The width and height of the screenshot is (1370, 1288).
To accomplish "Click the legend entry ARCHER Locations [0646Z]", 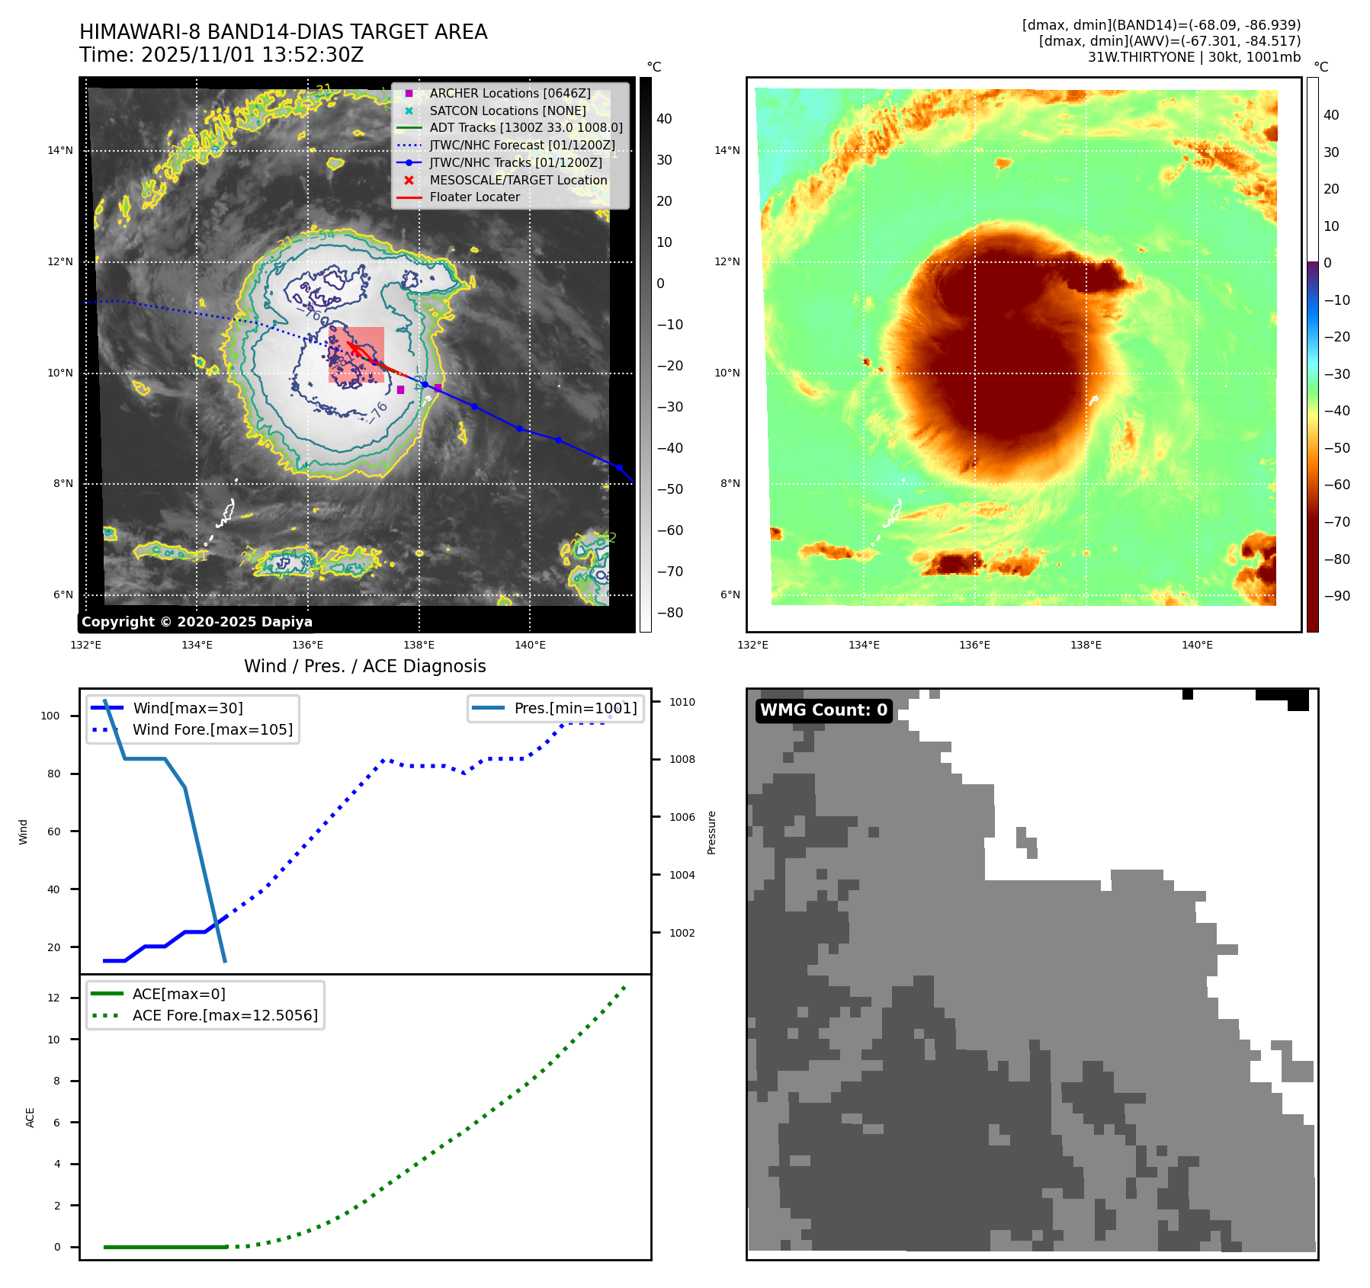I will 509,94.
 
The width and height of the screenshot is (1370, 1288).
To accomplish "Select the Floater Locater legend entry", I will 474,197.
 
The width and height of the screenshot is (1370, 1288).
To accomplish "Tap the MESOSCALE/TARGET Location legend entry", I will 518,181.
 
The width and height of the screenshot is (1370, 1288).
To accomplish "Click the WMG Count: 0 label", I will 823,710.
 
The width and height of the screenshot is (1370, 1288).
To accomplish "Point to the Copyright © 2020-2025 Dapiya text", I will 197,622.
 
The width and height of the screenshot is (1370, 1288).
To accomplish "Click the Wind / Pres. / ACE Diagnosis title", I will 364,667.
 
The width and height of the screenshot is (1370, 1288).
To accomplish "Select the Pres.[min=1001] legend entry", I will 575,709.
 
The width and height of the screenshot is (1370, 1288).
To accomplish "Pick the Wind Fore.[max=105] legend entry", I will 212,730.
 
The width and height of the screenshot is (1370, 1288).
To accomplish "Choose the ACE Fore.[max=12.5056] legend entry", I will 225,1016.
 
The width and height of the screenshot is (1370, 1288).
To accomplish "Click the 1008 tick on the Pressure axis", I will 682,760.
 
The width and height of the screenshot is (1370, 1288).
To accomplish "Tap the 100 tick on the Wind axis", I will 50,716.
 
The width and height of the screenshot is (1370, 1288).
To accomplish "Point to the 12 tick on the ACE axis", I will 53,998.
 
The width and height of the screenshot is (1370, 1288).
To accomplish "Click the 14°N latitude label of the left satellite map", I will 60,151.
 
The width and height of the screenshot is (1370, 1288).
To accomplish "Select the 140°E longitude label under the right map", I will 1197,646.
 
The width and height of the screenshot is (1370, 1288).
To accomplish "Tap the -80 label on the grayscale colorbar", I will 670,614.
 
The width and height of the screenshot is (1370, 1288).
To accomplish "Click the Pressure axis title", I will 712,832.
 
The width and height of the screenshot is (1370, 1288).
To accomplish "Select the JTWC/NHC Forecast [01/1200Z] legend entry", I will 521,146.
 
